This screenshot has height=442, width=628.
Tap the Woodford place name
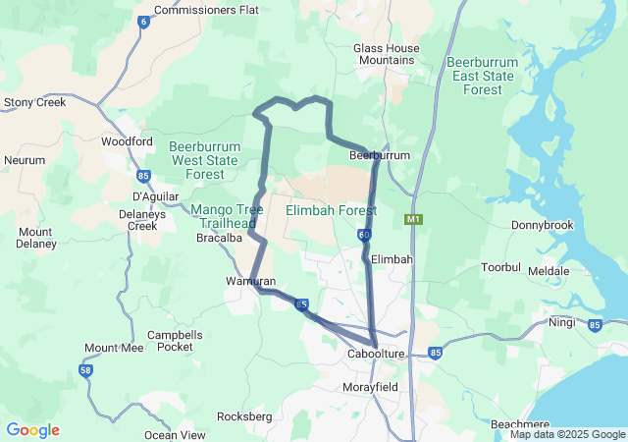(x=128, y=141)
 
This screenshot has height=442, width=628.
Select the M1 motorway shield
(x=414, y=218)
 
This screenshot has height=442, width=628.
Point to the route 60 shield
(x=364, y=235)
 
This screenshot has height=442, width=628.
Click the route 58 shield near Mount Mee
(x=86, y=369)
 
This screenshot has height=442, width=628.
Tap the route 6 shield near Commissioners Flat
(x=143, y=22)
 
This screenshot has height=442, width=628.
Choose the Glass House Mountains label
(x=386, y=54)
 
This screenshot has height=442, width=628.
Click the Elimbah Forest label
(x=324, y=210)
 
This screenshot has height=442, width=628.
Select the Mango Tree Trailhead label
(x=227, y=216)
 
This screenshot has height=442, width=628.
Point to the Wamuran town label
(x=250, y=282)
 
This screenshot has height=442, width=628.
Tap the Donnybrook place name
(x=542, y=225)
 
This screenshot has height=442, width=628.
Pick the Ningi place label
(x=562, y=321)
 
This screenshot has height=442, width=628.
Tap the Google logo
(x=32, y=430)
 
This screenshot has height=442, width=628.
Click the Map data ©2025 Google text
(x=566, y=435)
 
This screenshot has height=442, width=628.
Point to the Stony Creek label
(x=34, y=101)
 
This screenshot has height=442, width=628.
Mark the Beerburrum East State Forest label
(x=489, y=76)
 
